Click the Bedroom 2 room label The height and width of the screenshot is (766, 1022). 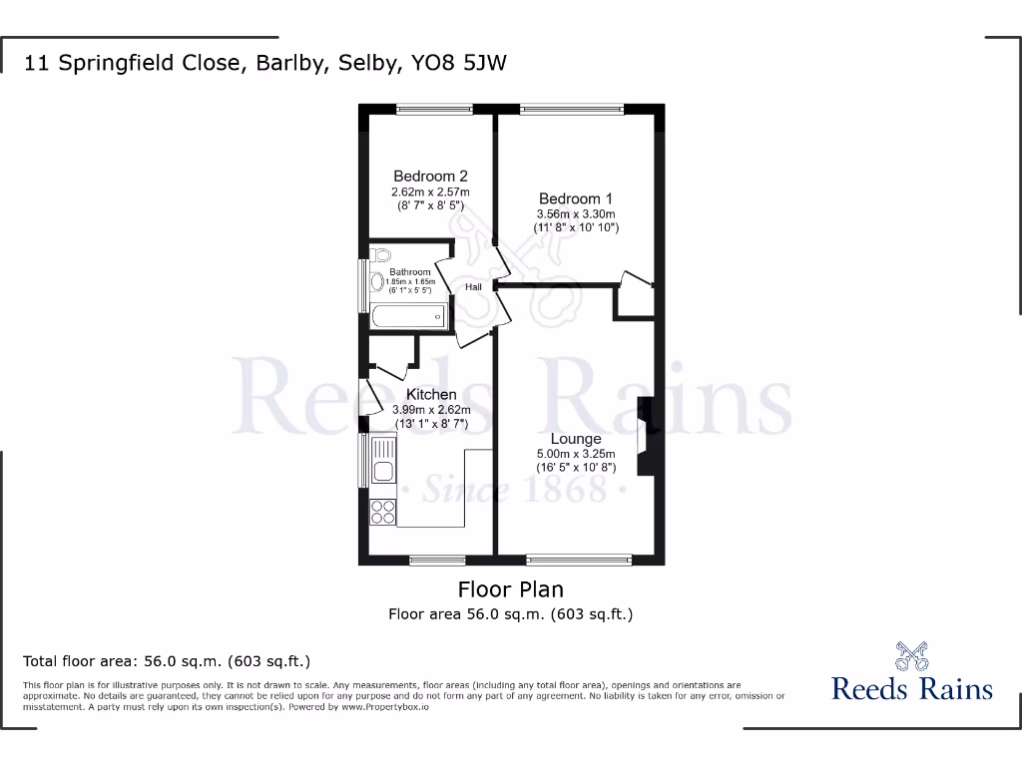(x=430, y=176)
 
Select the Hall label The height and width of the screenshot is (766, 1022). (x=473, y=287)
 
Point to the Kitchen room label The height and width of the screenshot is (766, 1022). (x=430, y=395)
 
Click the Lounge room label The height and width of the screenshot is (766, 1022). (x=576, y=439)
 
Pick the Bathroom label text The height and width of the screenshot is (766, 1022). (x=409, y=272)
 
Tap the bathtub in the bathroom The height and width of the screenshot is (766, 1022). (x=407, y=317)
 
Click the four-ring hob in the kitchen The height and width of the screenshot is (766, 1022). (x=382, y=512)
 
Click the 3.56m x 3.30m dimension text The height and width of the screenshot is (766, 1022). (x=577, y=213)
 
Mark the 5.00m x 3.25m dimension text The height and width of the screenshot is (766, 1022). (x=576, y=454)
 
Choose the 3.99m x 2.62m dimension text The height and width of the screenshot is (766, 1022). (x=430, y=410)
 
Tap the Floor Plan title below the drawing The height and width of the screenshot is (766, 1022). (x=510, y=588)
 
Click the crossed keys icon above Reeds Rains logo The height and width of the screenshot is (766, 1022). (x=911, y=656)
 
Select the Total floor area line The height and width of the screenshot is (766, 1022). (x=168, y=660)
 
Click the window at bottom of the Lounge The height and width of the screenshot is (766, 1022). (x=578, y=560)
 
